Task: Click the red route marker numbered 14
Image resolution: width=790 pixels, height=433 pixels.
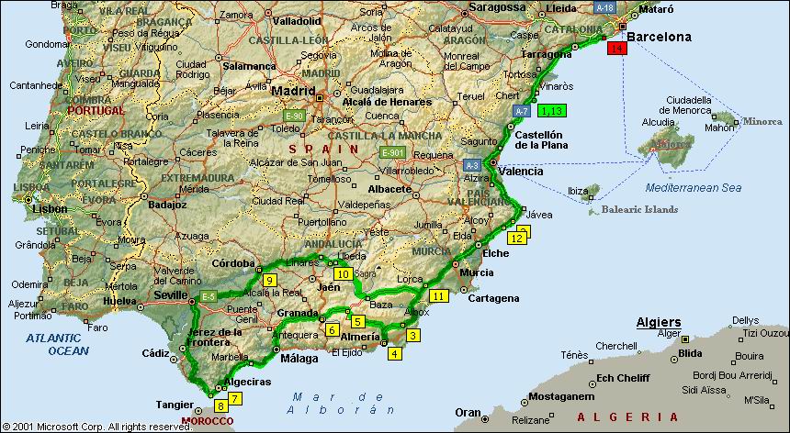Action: click(616, 48)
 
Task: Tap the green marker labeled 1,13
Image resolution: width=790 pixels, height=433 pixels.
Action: click(552, 111)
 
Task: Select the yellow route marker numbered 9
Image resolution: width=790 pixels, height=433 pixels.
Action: click(269, 280)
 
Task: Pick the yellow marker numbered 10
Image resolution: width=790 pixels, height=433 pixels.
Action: click(343, 274)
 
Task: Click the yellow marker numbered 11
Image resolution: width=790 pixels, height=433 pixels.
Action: click(439, 295)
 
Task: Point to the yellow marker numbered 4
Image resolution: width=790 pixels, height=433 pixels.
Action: click(395, 353)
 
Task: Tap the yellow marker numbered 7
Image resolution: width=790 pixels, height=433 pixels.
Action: click(235, 398)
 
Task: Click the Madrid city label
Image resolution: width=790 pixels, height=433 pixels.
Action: click(291, 92)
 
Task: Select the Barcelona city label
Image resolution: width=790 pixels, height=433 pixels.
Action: click(658, 38)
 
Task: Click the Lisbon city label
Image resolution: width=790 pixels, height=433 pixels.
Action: click(49, 208)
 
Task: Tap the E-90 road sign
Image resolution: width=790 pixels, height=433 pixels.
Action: click(294, 117)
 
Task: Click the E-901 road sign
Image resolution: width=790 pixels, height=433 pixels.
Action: click(393, 152)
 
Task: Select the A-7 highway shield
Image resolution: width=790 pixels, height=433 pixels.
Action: click(521, 110)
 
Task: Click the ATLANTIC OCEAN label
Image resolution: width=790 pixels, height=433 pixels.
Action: click(57, 344)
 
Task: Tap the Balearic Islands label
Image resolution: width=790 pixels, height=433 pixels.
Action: click(640, 209)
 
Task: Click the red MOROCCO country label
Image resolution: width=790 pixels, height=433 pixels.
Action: click(208, 421)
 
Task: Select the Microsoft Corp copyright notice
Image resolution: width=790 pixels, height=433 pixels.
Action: click(96, 427)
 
